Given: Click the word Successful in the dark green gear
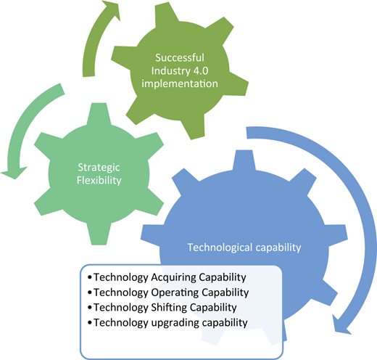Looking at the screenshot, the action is [x=180, y=57].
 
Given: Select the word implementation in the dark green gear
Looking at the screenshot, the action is [x=180, y=83].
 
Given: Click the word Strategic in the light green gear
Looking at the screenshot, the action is [x=99, y=168].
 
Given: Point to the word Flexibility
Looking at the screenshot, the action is [x=99, y=180].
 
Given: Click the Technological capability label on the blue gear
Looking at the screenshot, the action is [x=244, y=247].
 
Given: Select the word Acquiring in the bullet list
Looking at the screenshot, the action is [x=173, y=277].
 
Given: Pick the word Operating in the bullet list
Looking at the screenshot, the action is [x=175, y=292].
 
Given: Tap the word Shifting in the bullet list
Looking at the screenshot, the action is [x=169, y=308].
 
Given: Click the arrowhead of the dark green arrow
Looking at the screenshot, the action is [x=111, y=9].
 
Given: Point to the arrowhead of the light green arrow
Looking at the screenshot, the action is [x=14, y=173].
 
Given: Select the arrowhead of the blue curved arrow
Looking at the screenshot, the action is [x=341, y=325].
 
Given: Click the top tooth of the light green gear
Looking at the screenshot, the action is [x=99, y=113].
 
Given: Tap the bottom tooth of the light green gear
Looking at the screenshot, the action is [x=99, y=234].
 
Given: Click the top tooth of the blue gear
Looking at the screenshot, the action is [x=244, y=160].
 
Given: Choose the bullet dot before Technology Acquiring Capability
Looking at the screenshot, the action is [x=90, y=277].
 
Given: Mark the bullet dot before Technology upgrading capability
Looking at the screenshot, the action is [x=90, y=323].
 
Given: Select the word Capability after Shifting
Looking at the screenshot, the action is [x=213, y=308].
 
